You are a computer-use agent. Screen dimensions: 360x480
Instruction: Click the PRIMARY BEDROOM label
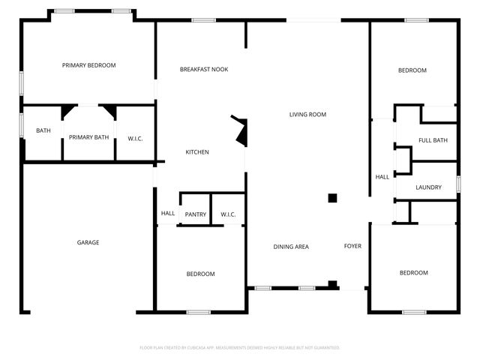(x=88, y=65)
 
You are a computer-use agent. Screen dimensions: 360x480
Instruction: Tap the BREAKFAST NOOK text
(x=204, y=70)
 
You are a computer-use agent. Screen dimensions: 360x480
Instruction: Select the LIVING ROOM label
(x=307, y=115)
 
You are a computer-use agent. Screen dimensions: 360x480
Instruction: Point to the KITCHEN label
(x=197, y=152)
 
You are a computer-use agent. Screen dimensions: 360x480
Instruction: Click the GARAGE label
(x=88, y=242)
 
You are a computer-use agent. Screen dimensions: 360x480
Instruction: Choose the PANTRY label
(x=195, y=214)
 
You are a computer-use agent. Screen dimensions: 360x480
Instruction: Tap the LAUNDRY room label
(x=428, y=187)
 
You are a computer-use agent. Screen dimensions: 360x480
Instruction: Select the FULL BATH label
(x=433, y=140)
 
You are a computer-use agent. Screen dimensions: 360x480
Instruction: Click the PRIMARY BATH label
(x=89, y=137)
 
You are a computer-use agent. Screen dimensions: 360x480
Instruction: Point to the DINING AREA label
(x=290, y=247)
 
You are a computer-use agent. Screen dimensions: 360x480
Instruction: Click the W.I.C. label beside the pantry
(x=228, y=214)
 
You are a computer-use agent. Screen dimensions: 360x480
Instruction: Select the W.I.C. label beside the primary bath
(x=136, y=137)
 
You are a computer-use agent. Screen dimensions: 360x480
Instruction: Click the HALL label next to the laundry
(x=382, y=177)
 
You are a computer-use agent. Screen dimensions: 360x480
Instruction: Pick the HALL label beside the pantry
(x=167, y=213)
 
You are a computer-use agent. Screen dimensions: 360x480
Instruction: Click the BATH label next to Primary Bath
(x=43, y=131)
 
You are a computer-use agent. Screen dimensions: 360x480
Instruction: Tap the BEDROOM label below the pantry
(x=200, y=274)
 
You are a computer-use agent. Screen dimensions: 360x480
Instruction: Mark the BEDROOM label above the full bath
(x=412, y=70)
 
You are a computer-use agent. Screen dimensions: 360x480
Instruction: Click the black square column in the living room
(x=332, y=198)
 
